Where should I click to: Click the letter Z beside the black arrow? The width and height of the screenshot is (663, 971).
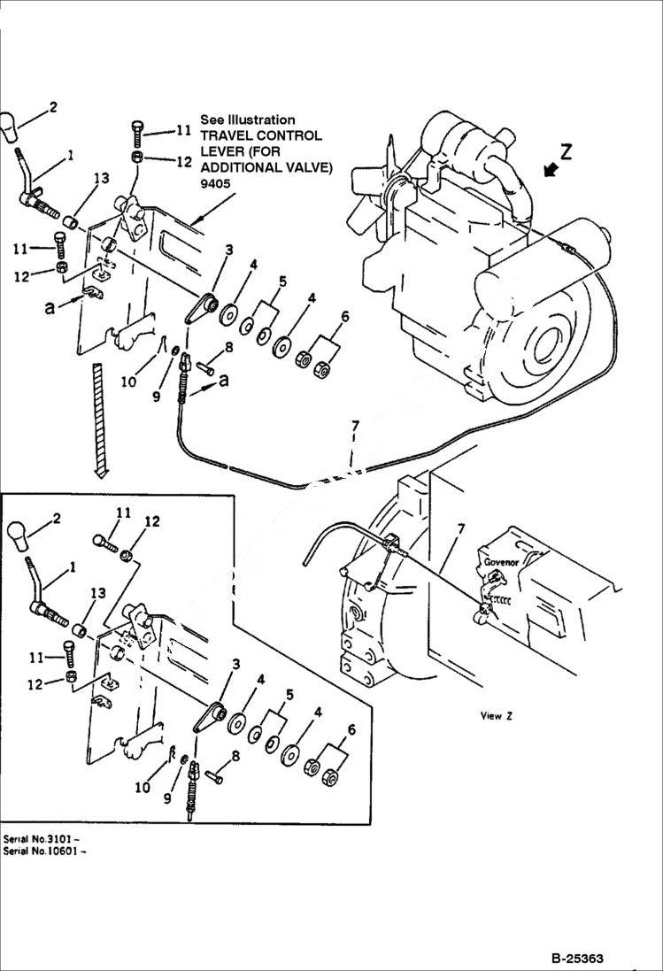point(566,151)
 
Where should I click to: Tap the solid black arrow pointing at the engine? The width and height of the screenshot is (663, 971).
point(551,170)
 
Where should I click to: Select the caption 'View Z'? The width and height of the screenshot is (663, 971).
point(497,716)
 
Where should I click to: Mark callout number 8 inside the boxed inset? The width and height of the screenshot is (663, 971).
point(235,755)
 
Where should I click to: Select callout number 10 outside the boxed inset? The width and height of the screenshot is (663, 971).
point(128,381)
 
